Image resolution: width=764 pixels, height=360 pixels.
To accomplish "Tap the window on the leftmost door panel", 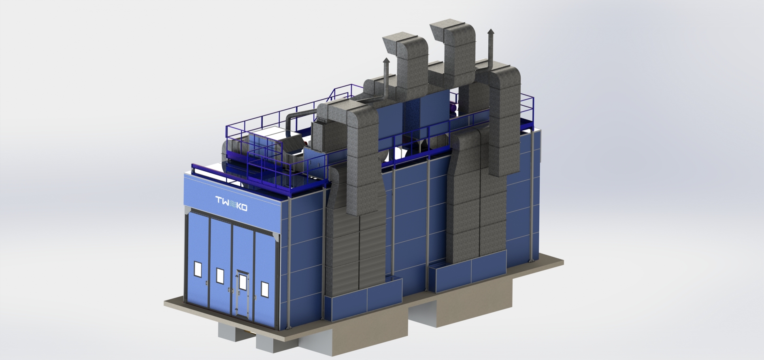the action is coord(198,269).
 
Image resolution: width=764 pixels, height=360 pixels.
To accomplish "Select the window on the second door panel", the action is coord(220,275).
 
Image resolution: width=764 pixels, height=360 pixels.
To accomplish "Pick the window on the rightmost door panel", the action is coord(265,289).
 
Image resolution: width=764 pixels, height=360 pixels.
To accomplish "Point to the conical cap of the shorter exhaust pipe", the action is coord(386,61).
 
